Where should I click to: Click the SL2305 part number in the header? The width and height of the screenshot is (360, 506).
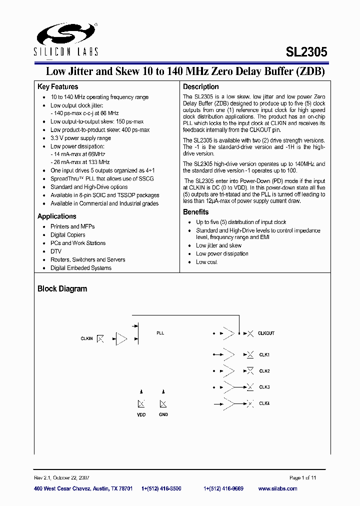pos(306,51)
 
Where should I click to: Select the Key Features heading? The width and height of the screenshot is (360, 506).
pos(57,86)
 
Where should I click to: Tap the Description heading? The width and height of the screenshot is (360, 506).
pos(200,86)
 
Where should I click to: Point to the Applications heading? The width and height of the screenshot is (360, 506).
pos(57,216)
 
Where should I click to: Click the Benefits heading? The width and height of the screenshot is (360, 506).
pos(195,212)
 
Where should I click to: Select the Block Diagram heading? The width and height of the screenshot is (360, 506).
pos(62,289)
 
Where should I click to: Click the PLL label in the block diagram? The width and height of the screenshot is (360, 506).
pos(160,333)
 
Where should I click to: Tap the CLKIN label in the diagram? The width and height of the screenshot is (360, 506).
pos(86,338)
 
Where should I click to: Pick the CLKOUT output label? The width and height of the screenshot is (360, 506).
pos(266,333)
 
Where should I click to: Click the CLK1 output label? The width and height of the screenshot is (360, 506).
pos(264,354)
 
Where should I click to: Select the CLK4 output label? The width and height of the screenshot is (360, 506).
pos(264,403)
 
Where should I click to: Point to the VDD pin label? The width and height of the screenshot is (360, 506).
pos(141,414)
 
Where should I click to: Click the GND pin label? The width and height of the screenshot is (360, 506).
pos(163,414)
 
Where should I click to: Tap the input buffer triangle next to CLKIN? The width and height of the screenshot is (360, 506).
pos(121,339)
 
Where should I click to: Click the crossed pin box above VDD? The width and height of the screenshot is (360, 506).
pos(141,404)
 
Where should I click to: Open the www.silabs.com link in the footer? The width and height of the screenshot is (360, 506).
pos(277,488)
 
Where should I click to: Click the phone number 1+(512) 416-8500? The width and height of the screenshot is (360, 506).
pos(161,488)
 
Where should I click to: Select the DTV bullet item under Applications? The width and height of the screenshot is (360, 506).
pos(55,251)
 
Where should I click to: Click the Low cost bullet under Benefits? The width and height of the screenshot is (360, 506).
pos(206,262)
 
